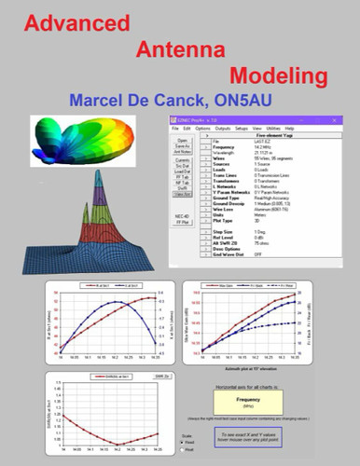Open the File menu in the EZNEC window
pyautogui.click(x=173, y=128)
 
